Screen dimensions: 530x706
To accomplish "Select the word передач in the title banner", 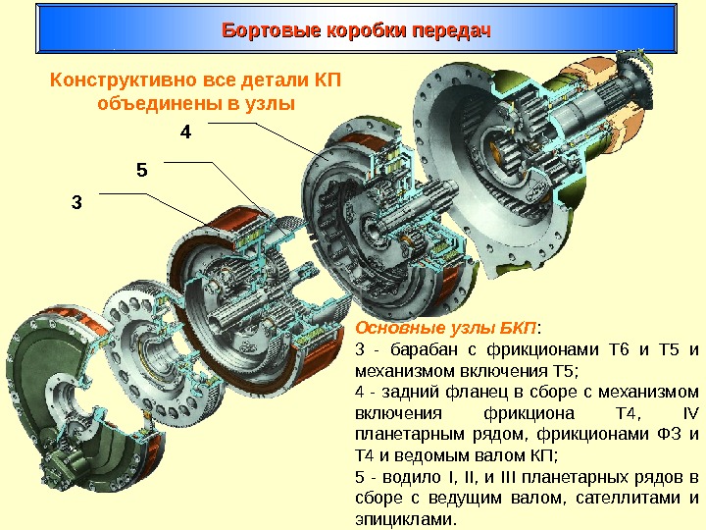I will click(451, 31).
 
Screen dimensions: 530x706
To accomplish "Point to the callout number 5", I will click(140, 170).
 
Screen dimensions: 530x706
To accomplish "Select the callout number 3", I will click(77, 203).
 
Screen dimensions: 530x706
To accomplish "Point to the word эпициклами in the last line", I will click(402, 519).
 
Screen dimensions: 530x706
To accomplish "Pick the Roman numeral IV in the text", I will click(689, 412).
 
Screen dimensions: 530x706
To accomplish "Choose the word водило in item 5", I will click(402, 477).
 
